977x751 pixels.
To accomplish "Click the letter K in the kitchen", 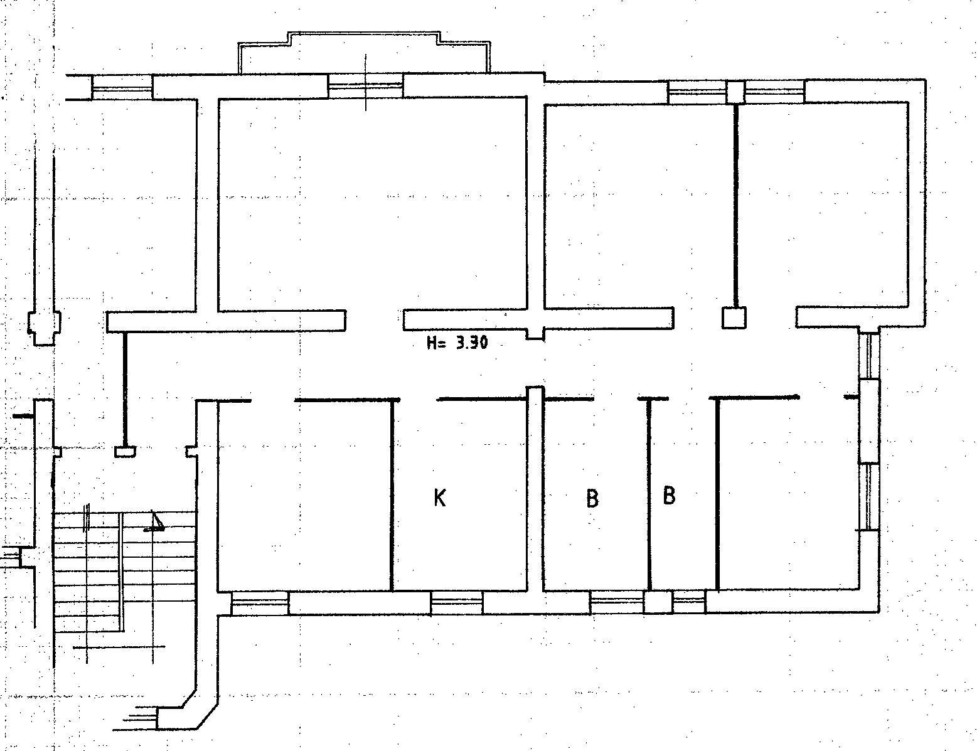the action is [440, 498].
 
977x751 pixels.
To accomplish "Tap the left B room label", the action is [592, 498].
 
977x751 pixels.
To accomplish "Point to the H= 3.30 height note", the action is [457, 343].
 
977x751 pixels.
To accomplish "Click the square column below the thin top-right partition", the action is [734, 317].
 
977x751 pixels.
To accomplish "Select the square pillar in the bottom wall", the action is [658, 602].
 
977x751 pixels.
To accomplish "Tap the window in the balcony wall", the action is [366, 86].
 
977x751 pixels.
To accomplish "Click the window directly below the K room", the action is [457, 603].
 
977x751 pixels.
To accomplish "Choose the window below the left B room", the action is [617, 602].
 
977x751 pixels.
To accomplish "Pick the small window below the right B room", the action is [689, 602].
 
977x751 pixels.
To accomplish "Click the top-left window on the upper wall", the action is [122, 87].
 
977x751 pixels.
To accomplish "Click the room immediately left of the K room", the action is [304, 495].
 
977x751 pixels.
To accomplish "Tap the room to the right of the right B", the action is [787, 494].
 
